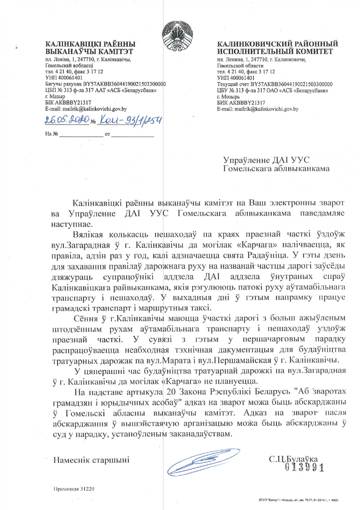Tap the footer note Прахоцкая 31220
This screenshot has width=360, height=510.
click(74, 488)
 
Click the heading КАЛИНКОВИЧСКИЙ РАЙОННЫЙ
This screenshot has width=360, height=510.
click(277, 44)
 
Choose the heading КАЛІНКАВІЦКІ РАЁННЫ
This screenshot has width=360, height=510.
click(90, 44)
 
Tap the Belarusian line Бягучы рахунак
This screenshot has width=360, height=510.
click(105, 84)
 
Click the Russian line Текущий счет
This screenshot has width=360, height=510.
click(274, 84)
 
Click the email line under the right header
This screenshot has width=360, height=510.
click(258, 109)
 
